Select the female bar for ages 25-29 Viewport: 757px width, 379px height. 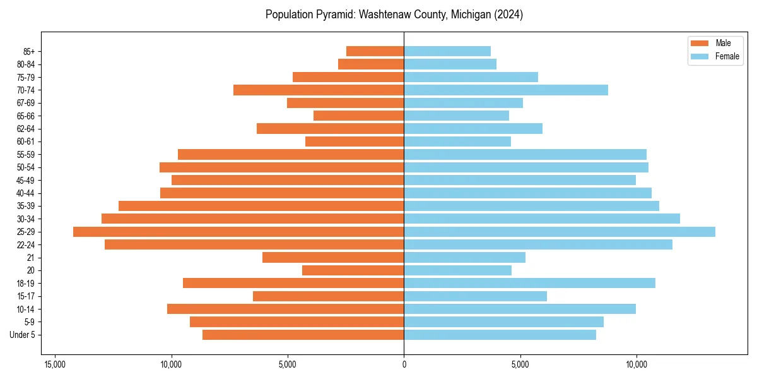click(x=560, y=232)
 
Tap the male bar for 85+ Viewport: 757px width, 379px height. click(x=375, y=51)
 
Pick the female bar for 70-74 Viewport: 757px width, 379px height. click(x=506, y=90)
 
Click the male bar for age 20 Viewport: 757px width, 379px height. click(x=353, y=270)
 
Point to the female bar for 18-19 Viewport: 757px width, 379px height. click(x=529, y=283)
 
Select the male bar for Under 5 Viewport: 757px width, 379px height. click(x=303, y=335)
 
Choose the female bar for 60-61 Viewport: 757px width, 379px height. click(x=457, y=141)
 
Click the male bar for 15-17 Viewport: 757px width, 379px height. click(x=328, y=296)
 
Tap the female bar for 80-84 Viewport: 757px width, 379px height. click(x=450, y=64)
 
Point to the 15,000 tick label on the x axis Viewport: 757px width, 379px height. click(x=55, y=365)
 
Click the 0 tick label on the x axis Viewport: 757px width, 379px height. click(x=404, y=365)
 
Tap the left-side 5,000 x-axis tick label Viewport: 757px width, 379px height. click(x=288, y=365)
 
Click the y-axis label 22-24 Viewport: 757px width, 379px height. click(x=26, y=244)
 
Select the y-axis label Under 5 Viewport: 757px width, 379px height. click(x=23, y=335)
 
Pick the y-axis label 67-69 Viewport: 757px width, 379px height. click(x=26, y=103)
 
